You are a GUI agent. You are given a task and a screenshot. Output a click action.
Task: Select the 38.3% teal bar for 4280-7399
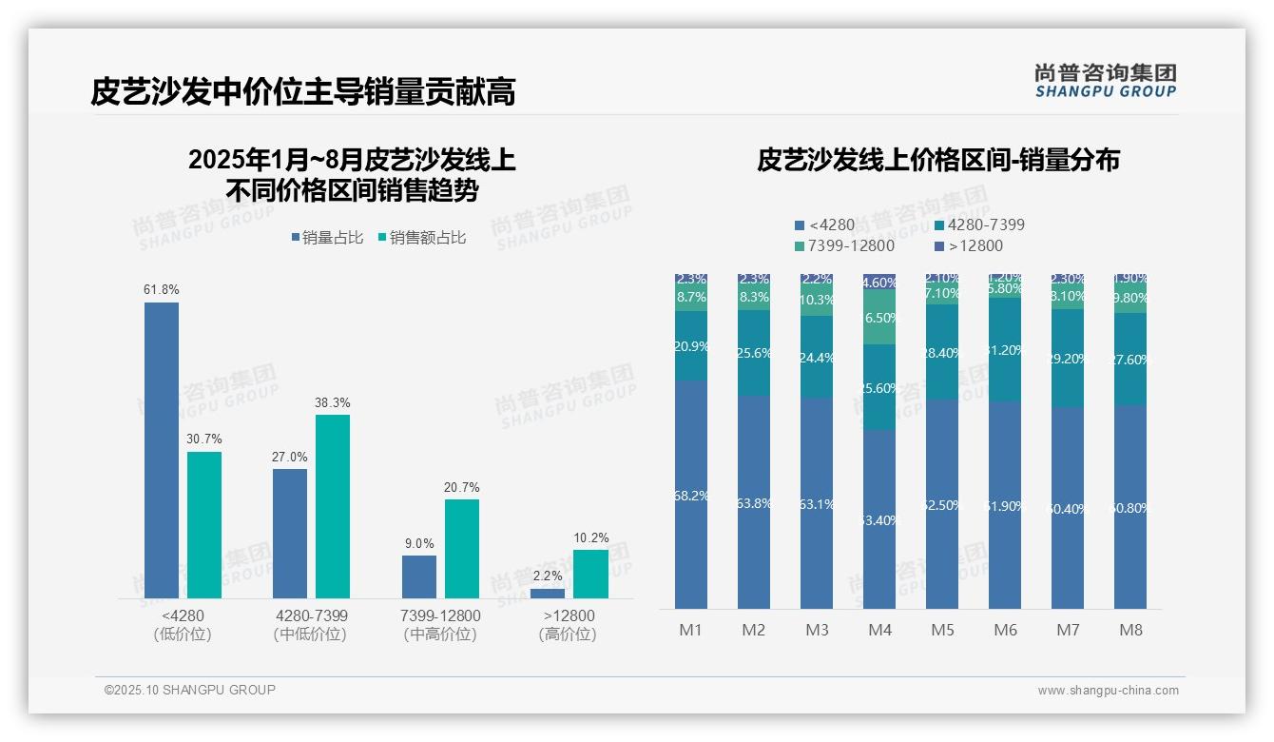click(x=333, y=506)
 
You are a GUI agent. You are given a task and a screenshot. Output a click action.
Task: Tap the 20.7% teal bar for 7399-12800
click(x=461, y=548)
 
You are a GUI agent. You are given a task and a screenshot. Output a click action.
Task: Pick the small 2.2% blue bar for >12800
click(x=548, y=594)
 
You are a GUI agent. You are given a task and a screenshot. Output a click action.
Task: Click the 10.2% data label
click(x=590, y=538)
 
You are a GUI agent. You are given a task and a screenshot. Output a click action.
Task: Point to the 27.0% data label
click(x=290, y=458)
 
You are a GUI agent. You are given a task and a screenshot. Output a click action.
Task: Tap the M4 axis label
click(x=879, y=630)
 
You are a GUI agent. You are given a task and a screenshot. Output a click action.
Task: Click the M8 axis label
click(x=1130, y=630)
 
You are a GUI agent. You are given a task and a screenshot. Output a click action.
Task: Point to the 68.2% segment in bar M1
click(x=691, y=495)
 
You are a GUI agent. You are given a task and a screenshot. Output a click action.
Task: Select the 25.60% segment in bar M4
click(x=879, y=387)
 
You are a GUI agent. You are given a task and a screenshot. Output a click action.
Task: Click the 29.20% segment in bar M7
click(x=1068, y=359)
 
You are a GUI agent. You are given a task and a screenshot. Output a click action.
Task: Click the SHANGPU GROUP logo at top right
click(x=1105, y=81)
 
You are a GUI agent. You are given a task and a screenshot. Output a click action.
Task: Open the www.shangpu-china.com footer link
click(x=1108, y=691)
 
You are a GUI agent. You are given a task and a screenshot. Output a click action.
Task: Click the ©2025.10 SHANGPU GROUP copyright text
click(x=190, y=690)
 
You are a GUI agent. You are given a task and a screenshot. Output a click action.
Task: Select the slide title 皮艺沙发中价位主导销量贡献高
click(x=303, y=92)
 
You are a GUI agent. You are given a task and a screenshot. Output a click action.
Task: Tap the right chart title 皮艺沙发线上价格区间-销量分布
click(x=938, y=160)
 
